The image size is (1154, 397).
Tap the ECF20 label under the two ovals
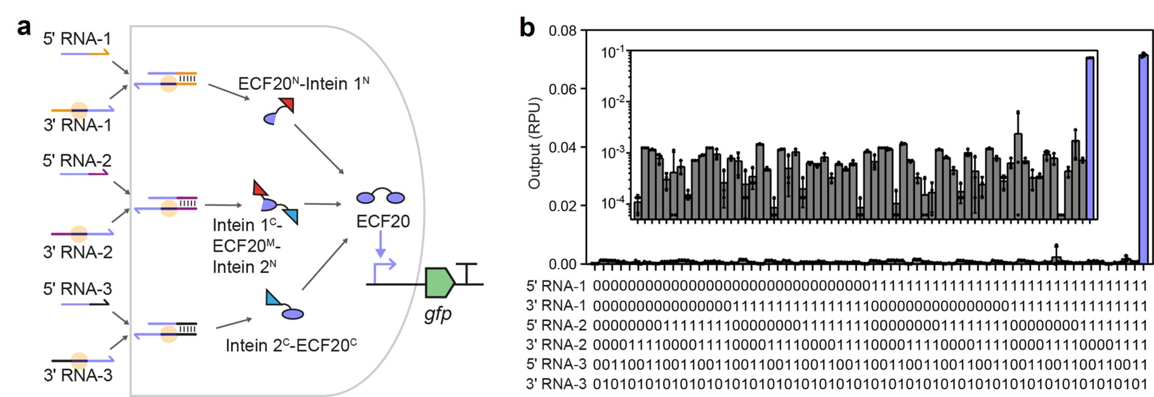[x=383, y=222]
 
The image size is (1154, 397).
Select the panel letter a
[x=24, y=27]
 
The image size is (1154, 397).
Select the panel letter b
[x=527, y=27]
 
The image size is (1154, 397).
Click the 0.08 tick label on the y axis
[x=563, y=30]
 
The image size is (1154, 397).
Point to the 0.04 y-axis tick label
[x=563, y=148]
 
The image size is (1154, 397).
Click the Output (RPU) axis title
[x=534, y=143]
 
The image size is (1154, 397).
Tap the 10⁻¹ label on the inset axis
[x=613, y=53]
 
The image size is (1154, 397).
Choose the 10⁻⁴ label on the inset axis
[x=613, y=203]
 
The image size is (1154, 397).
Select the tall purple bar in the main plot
[x=1144, y=159]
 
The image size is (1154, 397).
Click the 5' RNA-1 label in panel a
[x=77, y=39]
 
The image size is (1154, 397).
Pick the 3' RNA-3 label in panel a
[x=78, y=375]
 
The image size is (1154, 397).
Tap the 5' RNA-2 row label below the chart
[x=556, y=325]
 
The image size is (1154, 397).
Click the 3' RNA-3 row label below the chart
[x=556, y=384]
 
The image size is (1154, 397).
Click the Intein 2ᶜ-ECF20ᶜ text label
[x=291, y=345]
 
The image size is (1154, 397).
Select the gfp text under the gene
[x=438, y=314]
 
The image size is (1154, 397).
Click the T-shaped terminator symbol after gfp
[x=466, y=273]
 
